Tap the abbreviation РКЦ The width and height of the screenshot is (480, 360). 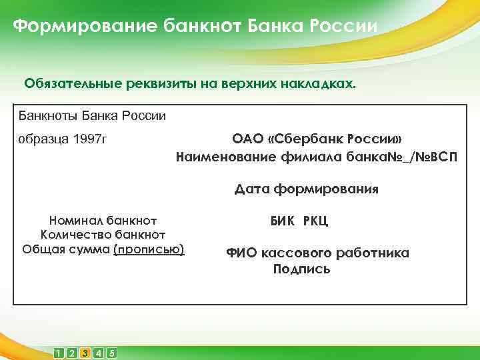pyautogui.click(x=315, y=221)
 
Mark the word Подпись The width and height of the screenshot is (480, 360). pyautogui.click(x=301, y=270)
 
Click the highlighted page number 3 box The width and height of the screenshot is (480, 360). pyautogui.click(x=85, y=353)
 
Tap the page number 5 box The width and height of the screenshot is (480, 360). pyautogui.click(x=111, y=353)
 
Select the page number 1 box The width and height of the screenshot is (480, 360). pyautogui.click(x=59, y=353)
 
